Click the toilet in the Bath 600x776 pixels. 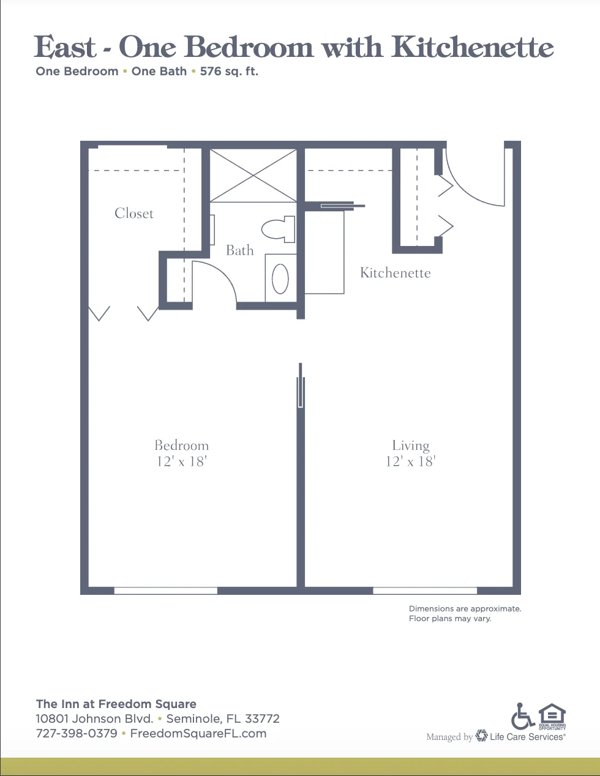278,229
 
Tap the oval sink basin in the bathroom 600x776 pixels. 280,278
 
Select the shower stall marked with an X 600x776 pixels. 253,176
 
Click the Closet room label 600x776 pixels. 134,213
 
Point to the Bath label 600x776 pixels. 240,250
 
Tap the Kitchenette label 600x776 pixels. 396,272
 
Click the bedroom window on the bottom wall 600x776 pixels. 166,591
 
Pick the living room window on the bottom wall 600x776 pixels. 425,591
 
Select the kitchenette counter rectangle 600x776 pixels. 324,252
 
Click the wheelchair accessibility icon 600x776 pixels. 522,716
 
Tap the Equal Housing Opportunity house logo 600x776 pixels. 552,717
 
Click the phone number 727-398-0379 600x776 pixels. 77,733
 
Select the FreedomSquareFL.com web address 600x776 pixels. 198,733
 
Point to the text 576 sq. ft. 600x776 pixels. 229,72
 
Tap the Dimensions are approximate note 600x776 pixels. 465,608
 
